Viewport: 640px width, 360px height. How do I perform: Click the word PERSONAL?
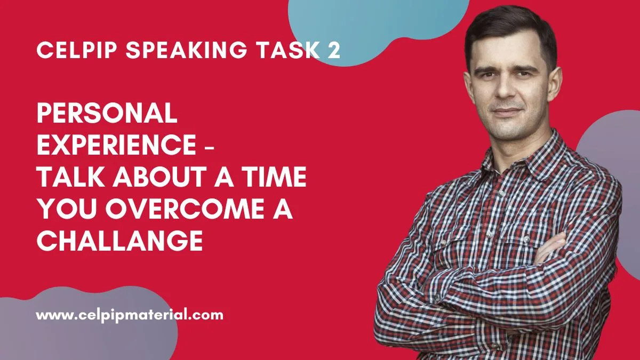click(x=106, y=113)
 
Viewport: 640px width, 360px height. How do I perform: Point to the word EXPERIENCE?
click(x=116, y=145)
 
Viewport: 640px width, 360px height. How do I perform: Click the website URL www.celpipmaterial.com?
click(x=130, y=315)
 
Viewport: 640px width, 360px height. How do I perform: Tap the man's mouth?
click(x=508, y=113)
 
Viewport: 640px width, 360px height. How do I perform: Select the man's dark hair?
click(x=504, y=27)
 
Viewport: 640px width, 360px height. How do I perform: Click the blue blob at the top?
click(x=373, y=24)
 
